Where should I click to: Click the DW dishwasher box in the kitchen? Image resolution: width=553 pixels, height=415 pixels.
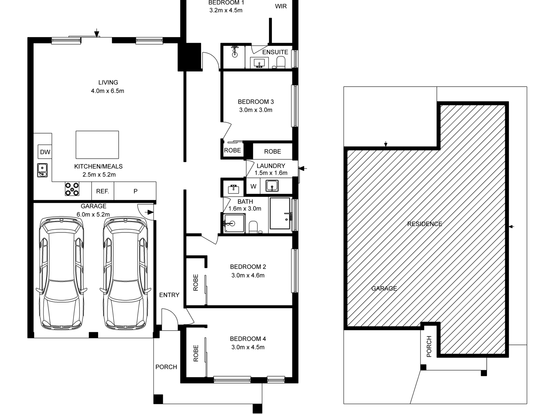[x=45, y=152]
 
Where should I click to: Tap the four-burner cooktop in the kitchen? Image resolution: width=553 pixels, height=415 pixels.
[x=72, y=189]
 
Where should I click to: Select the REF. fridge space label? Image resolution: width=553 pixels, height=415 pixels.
[x=102, y=191]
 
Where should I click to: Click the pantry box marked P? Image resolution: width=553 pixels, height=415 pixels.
[x=135, y=191]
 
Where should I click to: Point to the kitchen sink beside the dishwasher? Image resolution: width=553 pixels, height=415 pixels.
[x=42, y=170]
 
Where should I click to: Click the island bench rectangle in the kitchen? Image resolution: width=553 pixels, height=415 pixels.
[x=97, y=145]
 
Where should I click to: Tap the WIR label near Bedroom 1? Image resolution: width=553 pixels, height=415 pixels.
[x=281, y=6]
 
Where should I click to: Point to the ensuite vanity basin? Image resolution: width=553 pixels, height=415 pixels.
[x=259, y=63]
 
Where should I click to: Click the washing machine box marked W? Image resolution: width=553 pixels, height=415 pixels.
[x=254, y=186]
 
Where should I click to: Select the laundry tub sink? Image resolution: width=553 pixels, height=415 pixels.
[x=272, y=186]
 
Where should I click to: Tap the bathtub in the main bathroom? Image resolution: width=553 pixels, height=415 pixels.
[x=280, y=213]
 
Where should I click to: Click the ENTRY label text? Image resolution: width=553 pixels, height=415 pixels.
[x=169, y=295]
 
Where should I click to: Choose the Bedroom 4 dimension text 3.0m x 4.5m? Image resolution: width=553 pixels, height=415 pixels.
[x=248, y=347]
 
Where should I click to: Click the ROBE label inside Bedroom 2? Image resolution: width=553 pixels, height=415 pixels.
[x=196, y=282]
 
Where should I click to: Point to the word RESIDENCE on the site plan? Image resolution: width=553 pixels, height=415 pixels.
[x=425, y=224]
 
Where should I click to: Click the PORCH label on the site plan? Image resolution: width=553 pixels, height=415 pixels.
[x=429, y=347]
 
